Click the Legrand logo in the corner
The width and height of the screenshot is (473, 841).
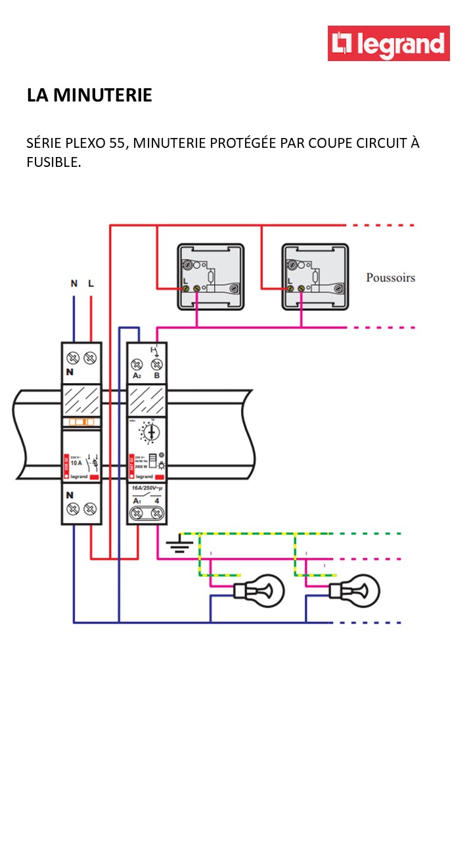click(x=389, y=43)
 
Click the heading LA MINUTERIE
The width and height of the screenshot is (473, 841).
click(x=89, y=95)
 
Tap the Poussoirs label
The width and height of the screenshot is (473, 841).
click(x=390, y=278)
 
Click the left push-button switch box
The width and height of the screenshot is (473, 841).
click(x=210, y=277)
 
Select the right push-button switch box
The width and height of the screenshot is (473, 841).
click(x=315, y=277)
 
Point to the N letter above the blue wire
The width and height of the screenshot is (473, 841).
click(x=74, y=284)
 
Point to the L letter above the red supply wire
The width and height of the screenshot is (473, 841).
click(x=91, y=284)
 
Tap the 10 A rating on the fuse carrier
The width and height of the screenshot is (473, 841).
click(x=77, y=462)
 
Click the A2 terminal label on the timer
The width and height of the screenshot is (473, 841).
click(x=137, y=376)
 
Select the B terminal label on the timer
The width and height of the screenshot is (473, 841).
click(x=156, y=376)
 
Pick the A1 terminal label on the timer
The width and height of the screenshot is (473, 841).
click(x=137, y=501)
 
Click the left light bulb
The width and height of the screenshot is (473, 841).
click(x=260, y=590)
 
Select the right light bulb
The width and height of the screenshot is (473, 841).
click(x=355, y=590)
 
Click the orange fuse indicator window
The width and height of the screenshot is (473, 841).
click(x=81, y=423)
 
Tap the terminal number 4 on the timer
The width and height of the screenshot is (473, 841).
click(x=157, y=501)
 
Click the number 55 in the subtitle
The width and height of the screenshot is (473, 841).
click(x=118, y=143)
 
